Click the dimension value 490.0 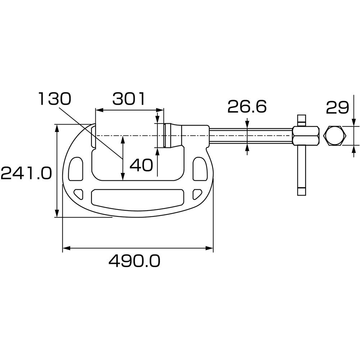[134, 261]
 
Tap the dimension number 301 [129, 99]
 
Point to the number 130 [55, 98]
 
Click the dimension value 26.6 [247, 107]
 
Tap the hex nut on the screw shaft [306, 135]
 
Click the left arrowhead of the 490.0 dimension [65, 248]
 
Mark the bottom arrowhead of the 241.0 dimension [57, 214]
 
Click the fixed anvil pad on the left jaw [93, 136]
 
